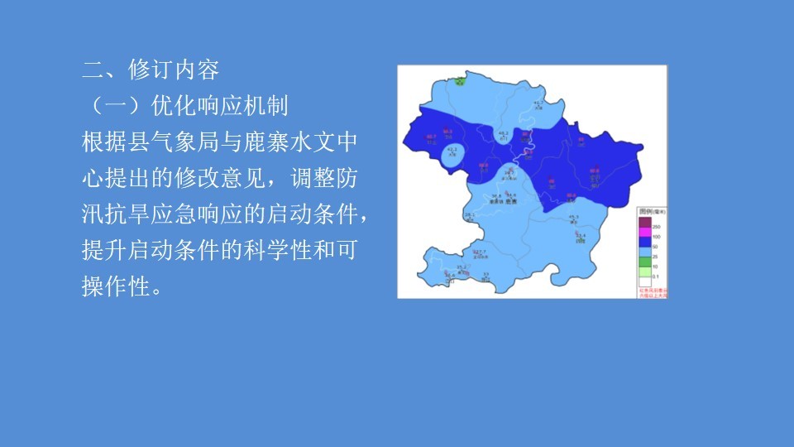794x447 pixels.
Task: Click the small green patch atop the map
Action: tap(458, 80)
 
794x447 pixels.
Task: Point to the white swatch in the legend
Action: tap(644, 281)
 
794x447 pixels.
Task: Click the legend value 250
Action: tap(656, 227)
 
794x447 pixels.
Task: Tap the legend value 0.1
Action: tap(656, 276)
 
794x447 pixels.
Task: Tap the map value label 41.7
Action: tap(538, 103)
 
